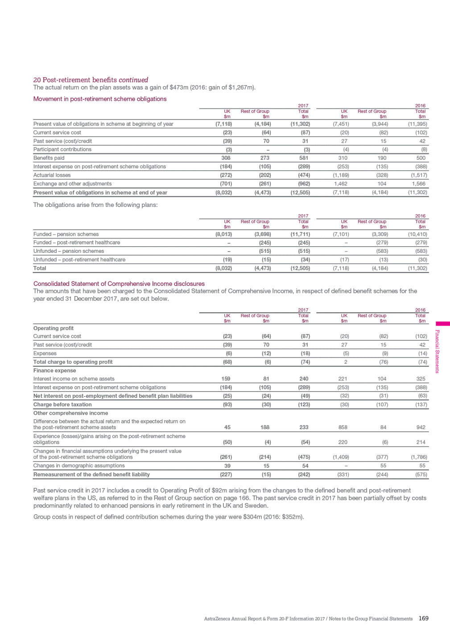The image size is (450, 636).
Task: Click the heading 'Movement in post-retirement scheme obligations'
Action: coord(100,99)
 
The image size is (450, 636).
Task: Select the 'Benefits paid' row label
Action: coord(49,158)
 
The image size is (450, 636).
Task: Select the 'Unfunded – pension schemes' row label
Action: coord(69,251)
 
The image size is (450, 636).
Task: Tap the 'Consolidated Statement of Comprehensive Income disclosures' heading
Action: coord(119,284)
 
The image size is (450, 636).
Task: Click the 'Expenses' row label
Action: coord(45,354)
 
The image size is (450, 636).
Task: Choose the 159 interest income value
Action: coord(226,379)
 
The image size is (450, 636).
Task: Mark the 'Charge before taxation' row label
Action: coord(62,405)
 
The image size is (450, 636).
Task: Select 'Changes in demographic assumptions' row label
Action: coord(79,466)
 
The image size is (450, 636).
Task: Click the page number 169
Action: coord(423,619)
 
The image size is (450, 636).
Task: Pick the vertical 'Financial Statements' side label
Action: coord(438,351)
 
